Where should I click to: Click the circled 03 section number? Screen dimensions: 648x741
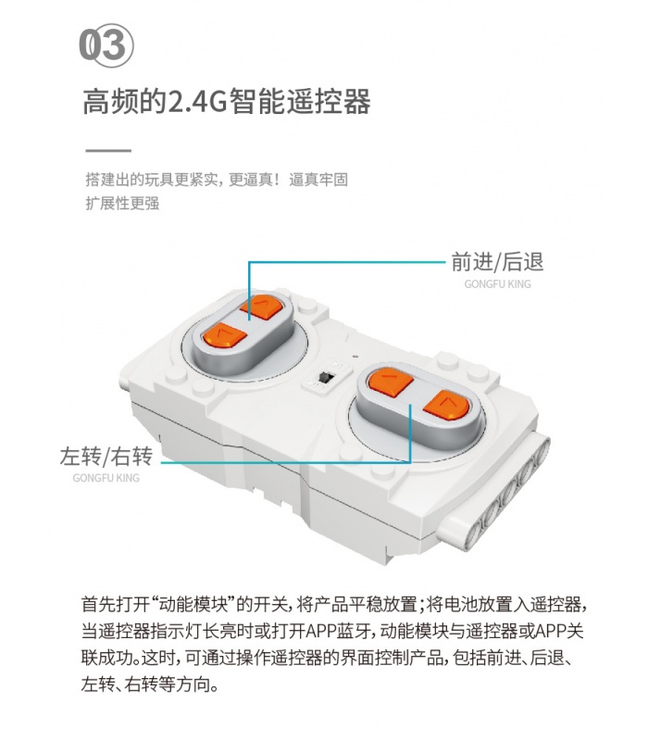click(106, 45)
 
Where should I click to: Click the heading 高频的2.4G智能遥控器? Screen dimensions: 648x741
click(227, 102)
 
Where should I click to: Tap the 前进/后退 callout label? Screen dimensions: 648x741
click(497, 262)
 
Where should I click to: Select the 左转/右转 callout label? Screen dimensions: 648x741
click(106, 457)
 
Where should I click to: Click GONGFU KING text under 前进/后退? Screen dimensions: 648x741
click(497, 284)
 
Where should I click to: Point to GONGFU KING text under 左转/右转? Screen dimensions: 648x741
click(106, 478)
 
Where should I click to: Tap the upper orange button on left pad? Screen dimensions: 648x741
click(261, 308)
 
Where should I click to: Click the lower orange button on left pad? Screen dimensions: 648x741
click(225, 335)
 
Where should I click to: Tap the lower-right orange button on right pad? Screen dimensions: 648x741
click(446, 406)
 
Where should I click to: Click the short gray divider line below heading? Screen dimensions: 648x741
click(108, 151)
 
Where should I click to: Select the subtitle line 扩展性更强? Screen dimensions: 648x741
click(122, 203)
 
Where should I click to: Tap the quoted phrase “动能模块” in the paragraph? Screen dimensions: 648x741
click(193, 605)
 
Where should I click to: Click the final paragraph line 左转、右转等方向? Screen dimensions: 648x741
click(150, 684)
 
